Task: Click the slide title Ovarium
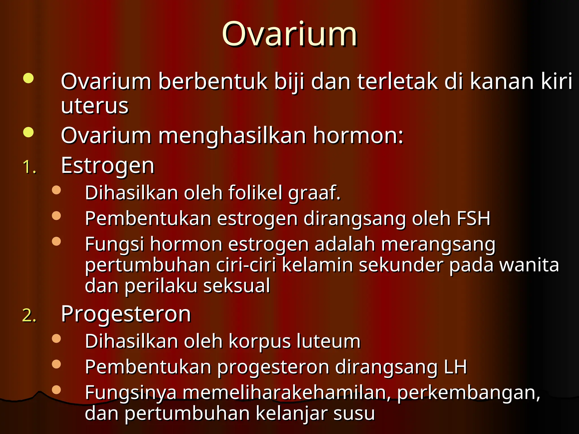pyautogui.click(x=289, y=34)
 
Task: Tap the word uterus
pyautogui.click(x=95, y=106)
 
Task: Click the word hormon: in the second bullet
pyautogui.click(x=358, y=135)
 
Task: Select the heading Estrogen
pyautogui.click(x=108, y=166)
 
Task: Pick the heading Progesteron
pyautogui.click(x=126, y=314)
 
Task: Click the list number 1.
pyautogui.click(x=29, y=167)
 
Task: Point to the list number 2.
pyautogui.click(x=29, y=315)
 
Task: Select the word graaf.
pyautogui.click(x=314, y=193)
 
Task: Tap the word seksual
pyautogui.click(x=237, y=286)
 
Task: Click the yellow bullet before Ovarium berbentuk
pyautogui.click(x=28, y=78)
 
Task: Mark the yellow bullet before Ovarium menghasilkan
pyautogui.click(x=28, y=132)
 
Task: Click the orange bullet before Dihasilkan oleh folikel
pyautogui.click(x=57, y=190)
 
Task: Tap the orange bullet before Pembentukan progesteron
pyautogui.click(x=57, y=364)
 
